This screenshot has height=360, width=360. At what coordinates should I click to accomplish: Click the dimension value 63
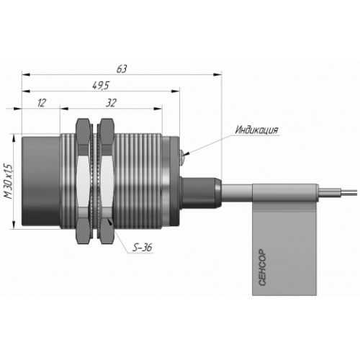[x=122, y=69]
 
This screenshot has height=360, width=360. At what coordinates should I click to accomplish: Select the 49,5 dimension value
[x=101, y=85]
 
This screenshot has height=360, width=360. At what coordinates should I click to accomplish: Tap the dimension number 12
[x=42, y=103]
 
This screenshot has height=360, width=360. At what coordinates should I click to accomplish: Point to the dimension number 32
[x=111, y=103]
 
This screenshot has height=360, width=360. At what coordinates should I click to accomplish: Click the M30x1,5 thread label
[x=8, y=181]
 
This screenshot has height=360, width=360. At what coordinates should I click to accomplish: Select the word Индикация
[x=256, y=130]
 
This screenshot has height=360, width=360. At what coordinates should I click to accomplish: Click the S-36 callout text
[x=143, y=248]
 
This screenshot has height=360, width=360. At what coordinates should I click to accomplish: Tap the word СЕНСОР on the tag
[x=263, y=267]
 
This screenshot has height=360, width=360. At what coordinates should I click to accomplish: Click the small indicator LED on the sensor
[x=182, y=157]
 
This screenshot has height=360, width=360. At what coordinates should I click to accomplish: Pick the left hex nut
[x=83, y=181]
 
